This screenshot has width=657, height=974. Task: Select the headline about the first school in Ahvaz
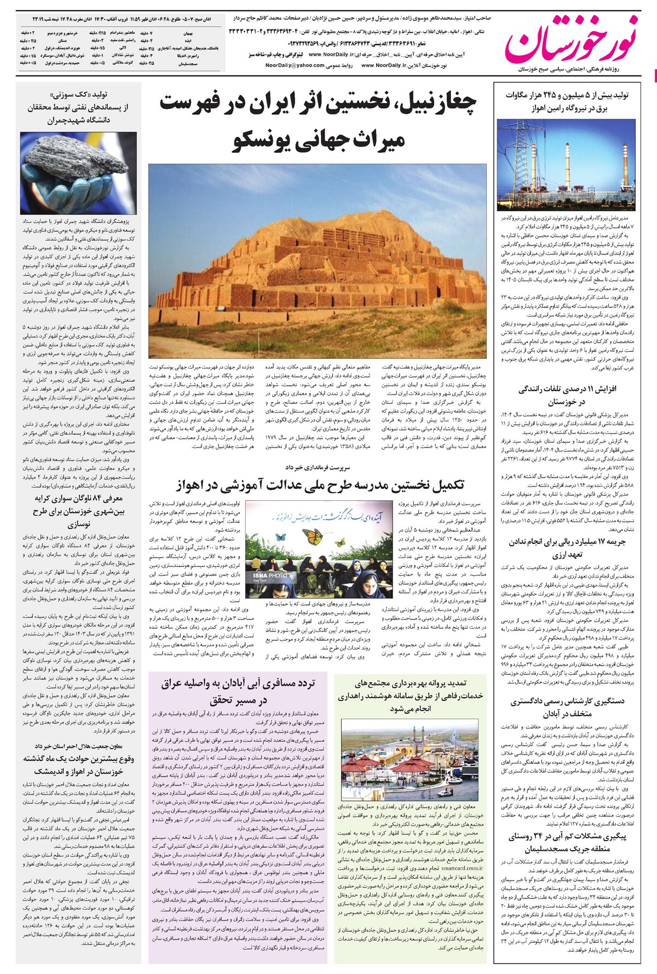click(320, 485)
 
